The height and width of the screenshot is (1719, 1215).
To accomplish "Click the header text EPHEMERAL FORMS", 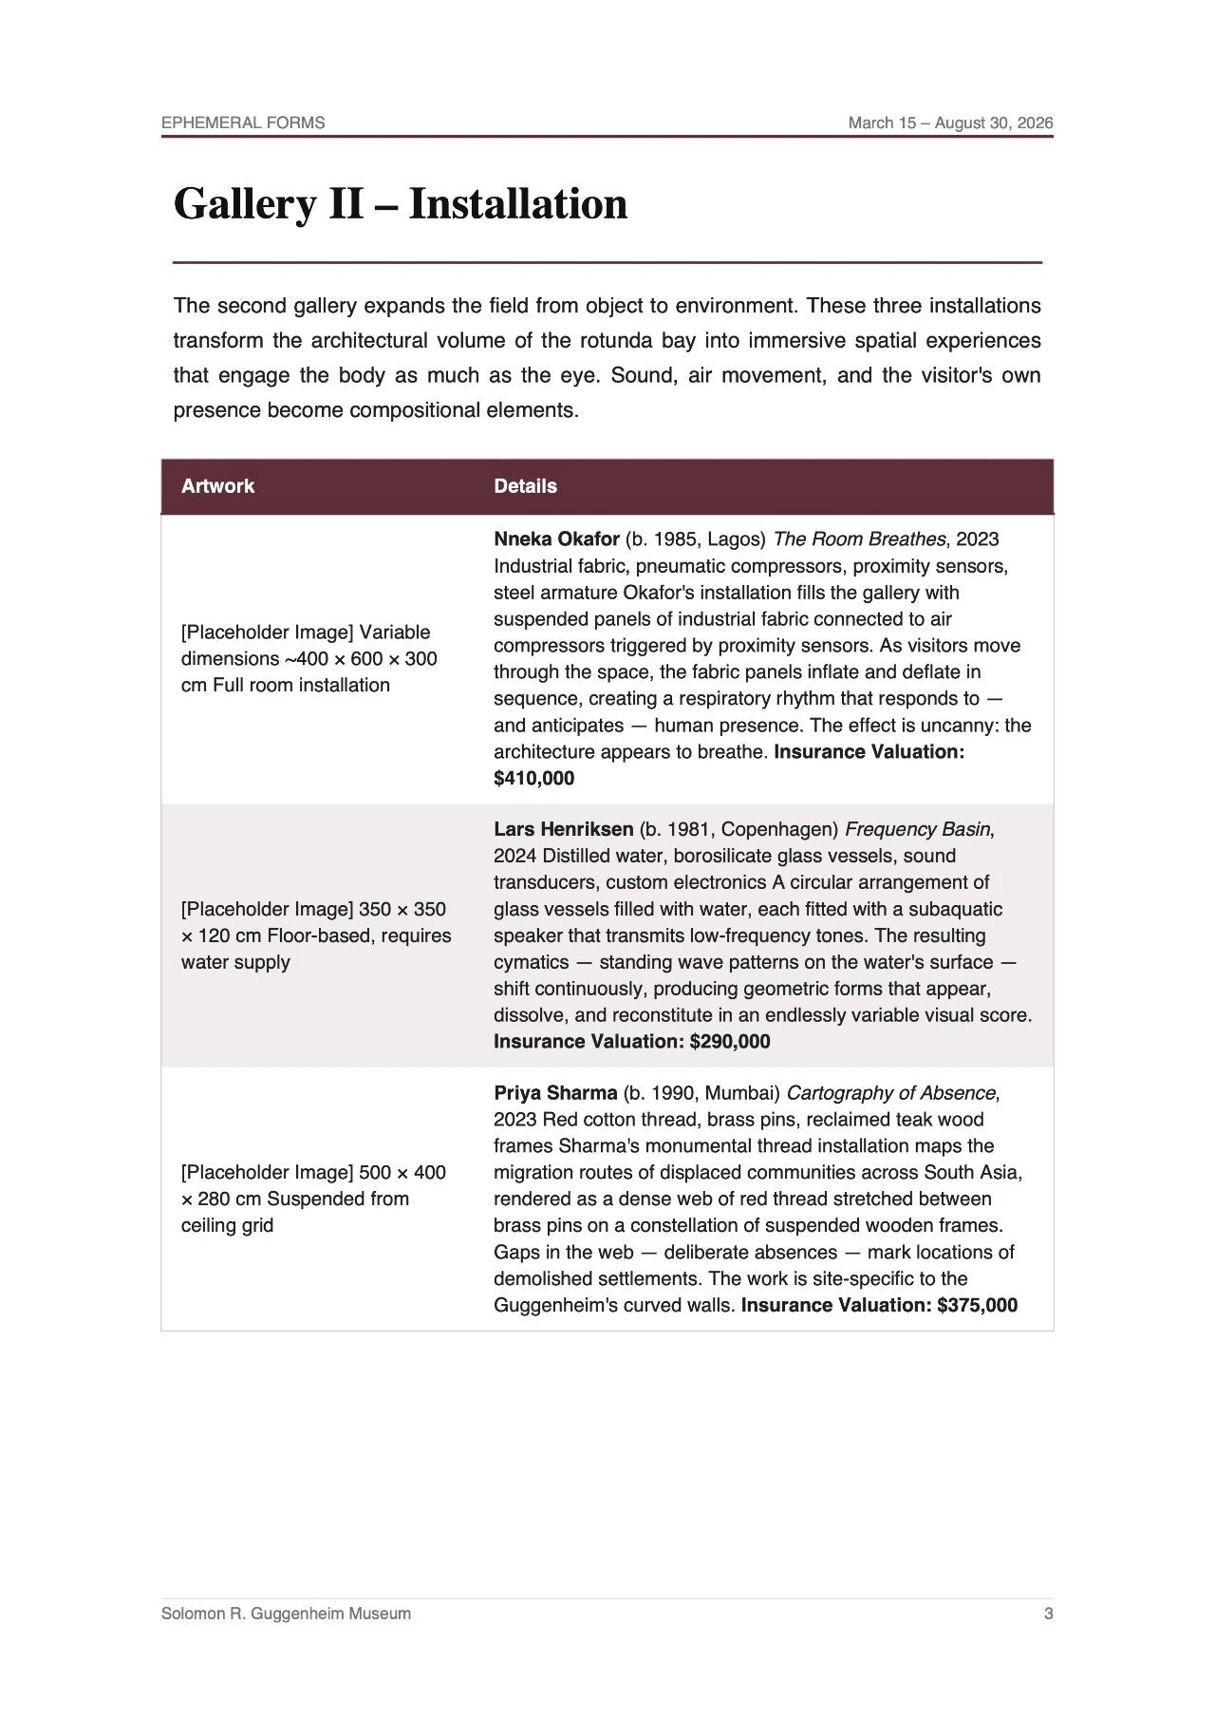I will (243, 123).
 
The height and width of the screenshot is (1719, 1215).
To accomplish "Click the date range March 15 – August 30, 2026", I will (950, 123).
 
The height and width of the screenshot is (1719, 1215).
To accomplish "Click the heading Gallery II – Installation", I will (400, 204).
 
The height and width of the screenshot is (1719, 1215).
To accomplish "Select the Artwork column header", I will (217, 486).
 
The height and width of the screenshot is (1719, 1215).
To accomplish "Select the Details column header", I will (525, 486).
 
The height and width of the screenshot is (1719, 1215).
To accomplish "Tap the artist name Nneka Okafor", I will (556, 539).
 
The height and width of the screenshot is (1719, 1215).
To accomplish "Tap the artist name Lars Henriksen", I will (563, 829).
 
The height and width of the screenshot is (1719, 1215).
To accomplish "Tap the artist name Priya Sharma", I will (555, 1093).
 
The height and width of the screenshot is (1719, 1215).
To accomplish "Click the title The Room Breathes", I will (859, 539).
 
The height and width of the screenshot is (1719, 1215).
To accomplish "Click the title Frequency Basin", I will (918, 829).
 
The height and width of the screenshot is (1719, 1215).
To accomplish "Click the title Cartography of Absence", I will (890, 1093).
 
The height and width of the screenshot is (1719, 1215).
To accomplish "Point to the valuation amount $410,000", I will (533, 779).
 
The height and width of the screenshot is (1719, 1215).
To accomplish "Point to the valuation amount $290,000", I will (730, 1042).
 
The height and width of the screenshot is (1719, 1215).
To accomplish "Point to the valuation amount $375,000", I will (977, 1305).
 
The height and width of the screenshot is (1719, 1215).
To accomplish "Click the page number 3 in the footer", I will (1048, 1614).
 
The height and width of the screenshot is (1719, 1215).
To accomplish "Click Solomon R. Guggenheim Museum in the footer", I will (286, 1614).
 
